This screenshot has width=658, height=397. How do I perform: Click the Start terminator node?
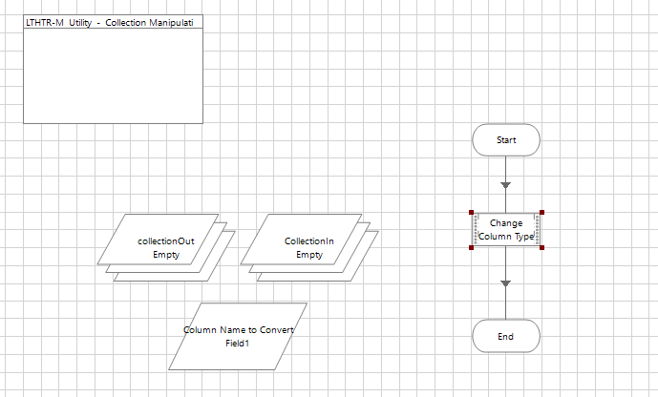(x=506, y=140)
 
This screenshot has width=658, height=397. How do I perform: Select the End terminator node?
(x=506, y=336)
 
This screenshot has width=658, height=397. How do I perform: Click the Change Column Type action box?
(x=506, y=230)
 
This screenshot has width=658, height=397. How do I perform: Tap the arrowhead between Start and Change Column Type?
(x=506, y=184)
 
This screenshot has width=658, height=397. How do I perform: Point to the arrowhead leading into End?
(x=506, y=283)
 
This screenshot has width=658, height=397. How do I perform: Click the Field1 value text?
(x=238, y=342)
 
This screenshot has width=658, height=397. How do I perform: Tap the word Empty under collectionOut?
(x=166, y=255)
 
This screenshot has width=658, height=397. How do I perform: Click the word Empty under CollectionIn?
(x=308, y=255)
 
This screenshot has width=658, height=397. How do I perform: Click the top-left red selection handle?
(x=471, y=213)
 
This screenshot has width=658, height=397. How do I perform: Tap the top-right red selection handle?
(x=541, y=213)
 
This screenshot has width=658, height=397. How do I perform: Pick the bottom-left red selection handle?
(x=471, y=248)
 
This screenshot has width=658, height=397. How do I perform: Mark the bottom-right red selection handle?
(x=541, y=248)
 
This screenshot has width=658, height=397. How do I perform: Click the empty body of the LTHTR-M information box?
(x=114, y=75)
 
